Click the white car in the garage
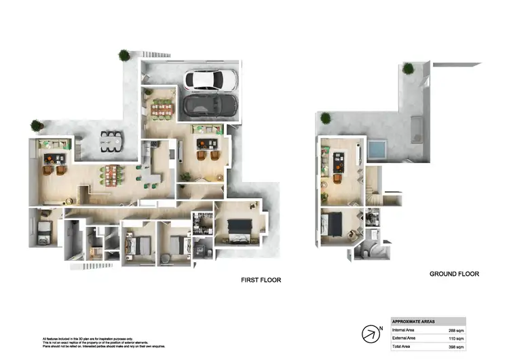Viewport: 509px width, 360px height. pyautogui.click(x=211, y=80)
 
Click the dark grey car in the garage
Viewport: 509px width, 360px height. pyautogui.click(x=210, y=105)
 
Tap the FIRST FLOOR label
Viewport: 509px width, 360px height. pyautogui.click(x=261, y=280)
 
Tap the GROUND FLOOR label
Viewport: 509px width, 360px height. pyautogui.click(x=454, y=274)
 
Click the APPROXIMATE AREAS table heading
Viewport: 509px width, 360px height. pyautogui.click(x=415, y=321)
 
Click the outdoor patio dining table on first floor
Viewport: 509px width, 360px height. pyautogui.click(x=112, y=141)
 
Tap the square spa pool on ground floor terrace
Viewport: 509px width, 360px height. pyautogui.click(x=377, y=149)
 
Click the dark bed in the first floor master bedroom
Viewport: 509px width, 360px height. pyautogui.click(x=239, y=226)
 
